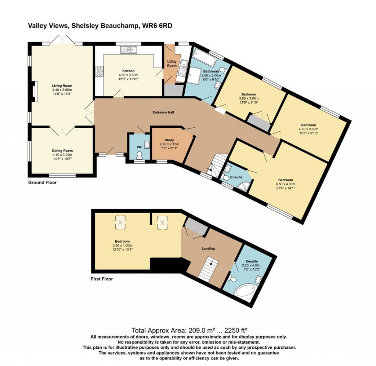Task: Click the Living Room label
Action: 62,86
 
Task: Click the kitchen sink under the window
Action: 129,49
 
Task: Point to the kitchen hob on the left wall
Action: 99,71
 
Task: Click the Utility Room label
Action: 172,63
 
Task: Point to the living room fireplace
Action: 34,91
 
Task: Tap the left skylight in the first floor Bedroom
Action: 120,221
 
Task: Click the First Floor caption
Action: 102,279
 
